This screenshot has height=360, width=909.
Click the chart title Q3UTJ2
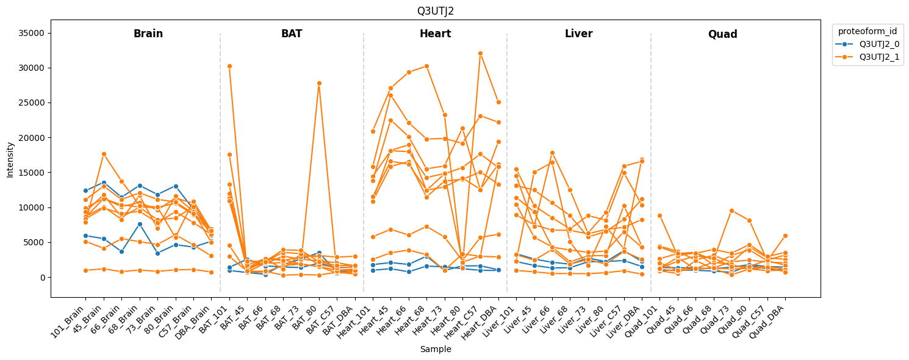click(x=435, y=11)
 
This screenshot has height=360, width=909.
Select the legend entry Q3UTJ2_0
click(x=879, y=44)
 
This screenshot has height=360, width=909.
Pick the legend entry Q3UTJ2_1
click(x=879, y=58)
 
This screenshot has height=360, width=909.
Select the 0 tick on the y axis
click(x=42, y=278)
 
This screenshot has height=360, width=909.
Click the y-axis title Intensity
click(x=10, y=159)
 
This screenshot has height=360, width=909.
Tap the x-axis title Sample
click(x=435, y=350)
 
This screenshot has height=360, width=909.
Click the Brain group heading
click(x=148, y=34)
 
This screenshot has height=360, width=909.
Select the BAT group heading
click(x=292, y=34)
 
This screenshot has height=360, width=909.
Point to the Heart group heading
click(x=435, y=34)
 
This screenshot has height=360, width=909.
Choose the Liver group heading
click(x=578, y=34)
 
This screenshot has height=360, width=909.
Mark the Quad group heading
click(x=722, y=35)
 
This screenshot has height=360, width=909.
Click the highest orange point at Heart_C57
click(x=480, y=53)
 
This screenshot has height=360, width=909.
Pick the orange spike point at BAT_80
click(x=318, y=83)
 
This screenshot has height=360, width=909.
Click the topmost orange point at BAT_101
click(x=229, y=66)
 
